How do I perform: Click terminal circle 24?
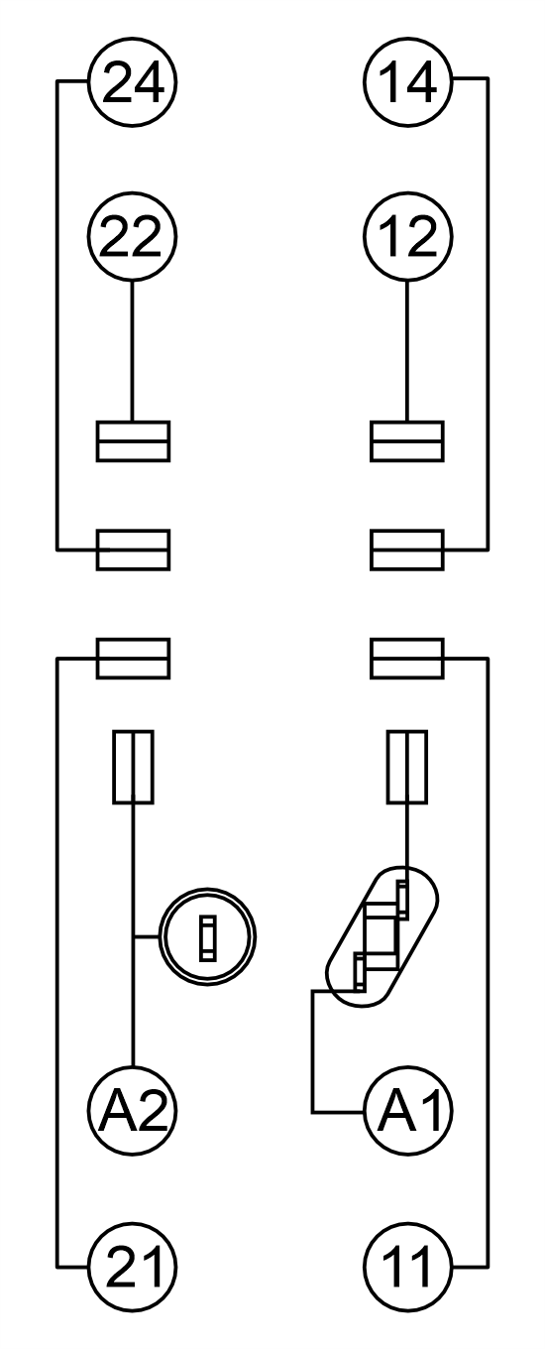[x=133, y=82]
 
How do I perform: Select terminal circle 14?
[x=408, y=82]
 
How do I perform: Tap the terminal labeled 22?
[x=133, y=236]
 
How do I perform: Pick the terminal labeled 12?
[x=408, y=236]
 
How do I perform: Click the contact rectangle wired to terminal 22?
[x=133, y=441]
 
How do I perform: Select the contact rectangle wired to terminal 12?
[x=407, y=441]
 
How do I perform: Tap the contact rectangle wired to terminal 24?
[x=133, y=550]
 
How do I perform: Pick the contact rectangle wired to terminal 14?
[x=407, y=550]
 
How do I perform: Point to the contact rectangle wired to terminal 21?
[x=133, y=659]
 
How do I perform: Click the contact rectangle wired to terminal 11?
[x=407, y=659]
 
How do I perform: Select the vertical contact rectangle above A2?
[x=133, y=768]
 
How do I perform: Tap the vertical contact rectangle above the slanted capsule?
[x=407, y=768]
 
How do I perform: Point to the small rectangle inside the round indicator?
[x=207, y=937]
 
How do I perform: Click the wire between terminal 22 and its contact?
[x=133, y=351]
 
